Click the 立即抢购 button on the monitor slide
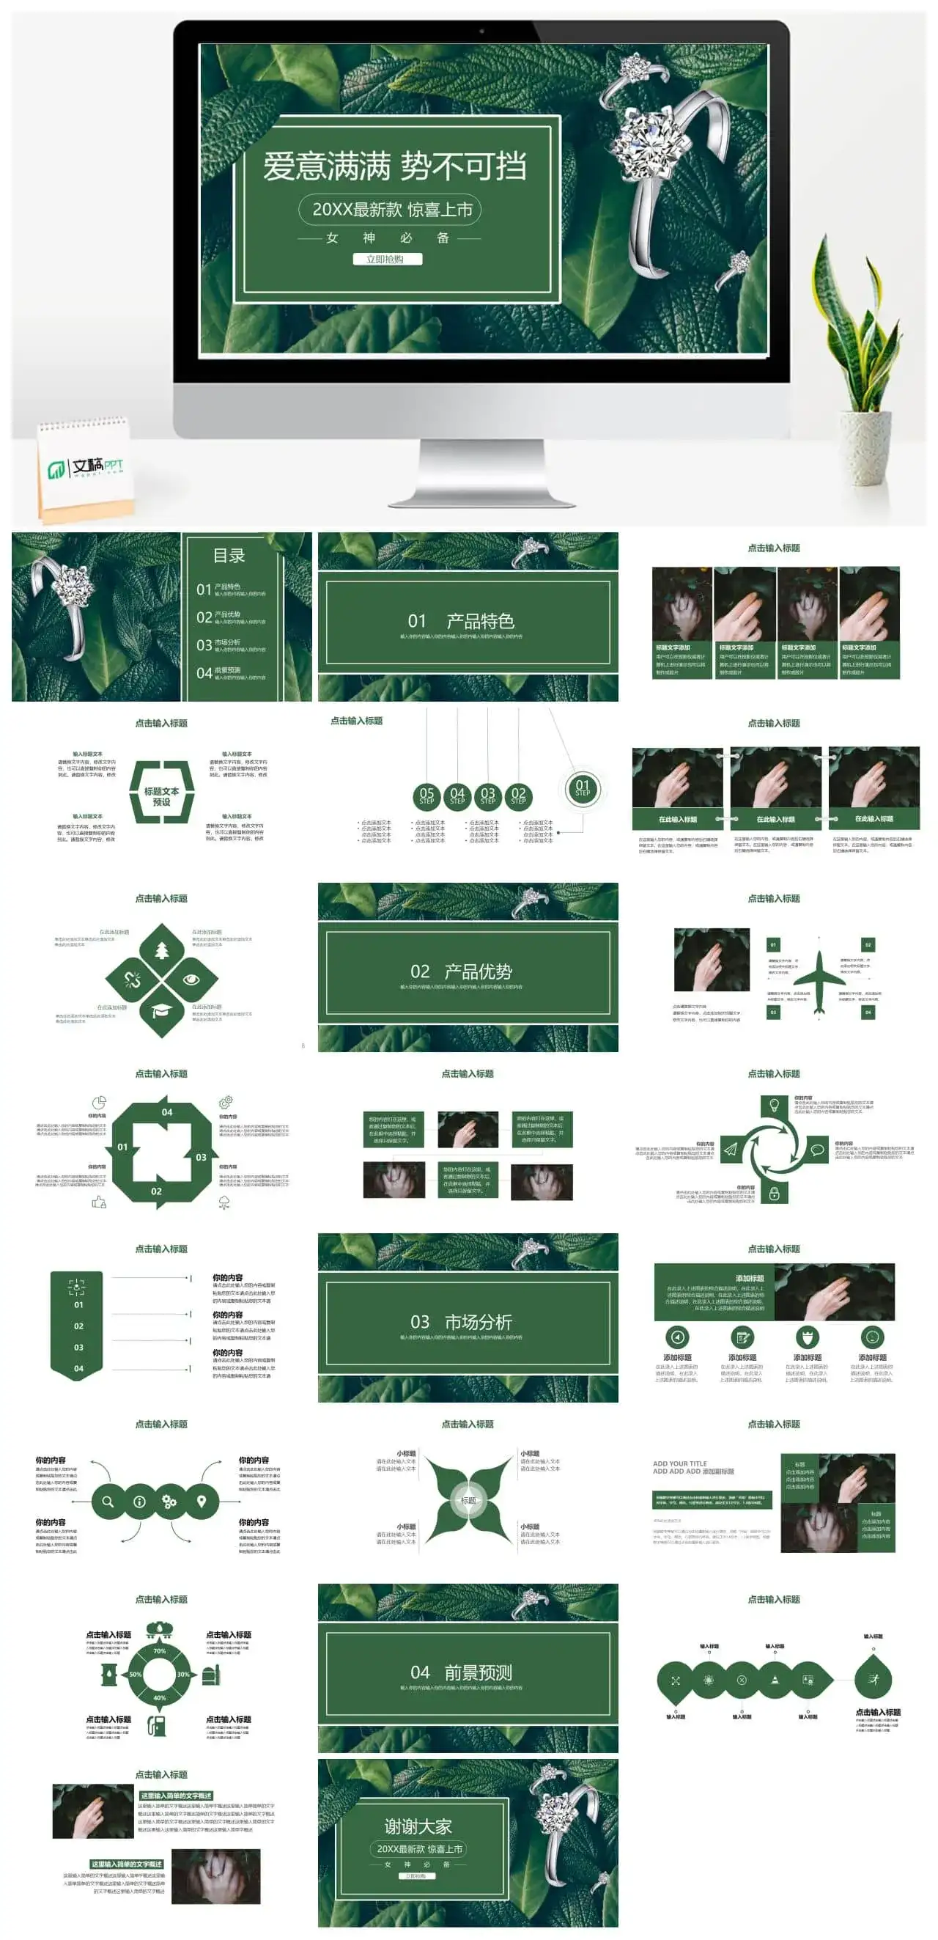pyautogui.click(x=387, y=259)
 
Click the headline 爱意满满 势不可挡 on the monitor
pyautogui.click(x=394, y=166)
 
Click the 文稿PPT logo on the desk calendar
pyautogui.click(x=86, y=468)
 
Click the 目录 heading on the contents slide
pyautogui.click(x=229, y=556)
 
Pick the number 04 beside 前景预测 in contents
pyautogui.click(x=204, y=673)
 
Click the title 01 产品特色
pyautogui.click(x=462, y=621)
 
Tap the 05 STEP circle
pyautogui.click(x=426, y=796)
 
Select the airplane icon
pyautogui.click(x=819, y=977)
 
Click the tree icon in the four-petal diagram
pyautogui.click(x=162, y=950)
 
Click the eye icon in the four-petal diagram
pyautogui.click(x=191, y=980)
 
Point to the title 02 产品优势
pyautogui.click(x=462, y=971)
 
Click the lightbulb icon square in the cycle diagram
pyautogui.click(x=773, y=1106)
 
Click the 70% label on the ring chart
pyautogui.click(x=160, y=1652)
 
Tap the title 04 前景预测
pyautogui.click(x=462, y=1672)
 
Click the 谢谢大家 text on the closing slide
pyautogui.click(x=418, y=1827)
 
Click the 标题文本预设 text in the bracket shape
pyautogui.click(x=162, y=797)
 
